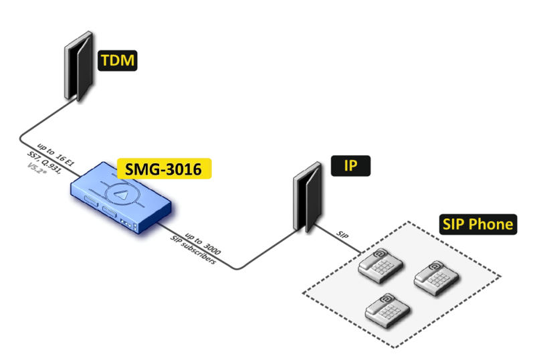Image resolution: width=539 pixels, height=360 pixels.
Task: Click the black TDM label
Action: coord(118,62)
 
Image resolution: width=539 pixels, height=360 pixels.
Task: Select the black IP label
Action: coord(349,166)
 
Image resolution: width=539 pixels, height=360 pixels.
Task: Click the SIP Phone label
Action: coord(477,223)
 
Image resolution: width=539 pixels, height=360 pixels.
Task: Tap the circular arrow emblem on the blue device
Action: coord(120,191)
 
